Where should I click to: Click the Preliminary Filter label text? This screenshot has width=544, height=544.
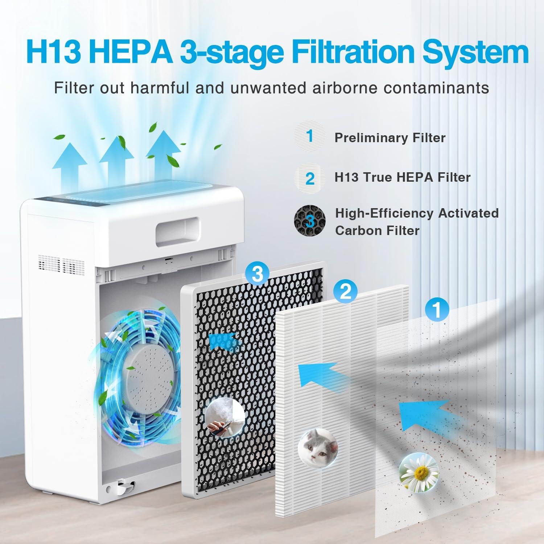click(390, 138)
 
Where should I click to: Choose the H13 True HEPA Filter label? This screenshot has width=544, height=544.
click(402, 177)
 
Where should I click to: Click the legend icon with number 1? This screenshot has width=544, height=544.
click(309, 136)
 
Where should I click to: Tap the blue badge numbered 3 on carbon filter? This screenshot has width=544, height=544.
click(257, 275)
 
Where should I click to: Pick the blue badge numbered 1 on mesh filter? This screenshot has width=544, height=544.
click(437, 309)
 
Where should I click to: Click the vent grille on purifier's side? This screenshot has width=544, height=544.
click(62, 264)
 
